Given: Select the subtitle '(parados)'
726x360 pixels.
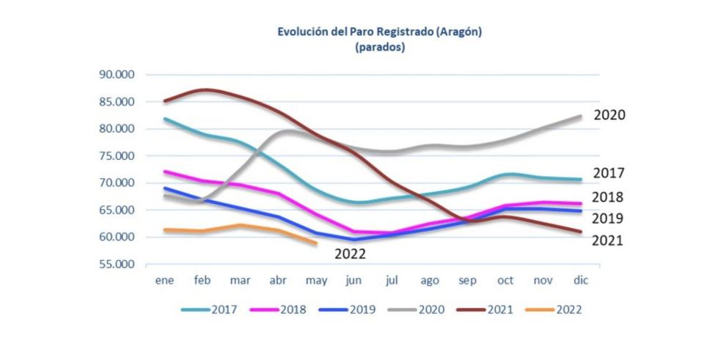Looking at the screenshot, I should coord(379,47).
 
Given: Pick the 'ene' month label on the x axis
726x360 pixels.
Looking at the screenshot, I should coord(164,281).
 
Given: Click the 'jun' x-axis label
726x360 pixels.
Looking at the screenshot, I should coord(355,281).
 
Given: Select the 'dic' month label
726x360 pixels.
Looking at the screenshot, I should coord(581,281).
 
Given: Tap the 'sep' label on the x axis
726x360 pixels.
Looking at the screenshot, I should coord(468,281).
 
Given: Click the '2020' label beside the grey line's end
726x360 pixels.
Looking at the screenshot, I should coord(609,115).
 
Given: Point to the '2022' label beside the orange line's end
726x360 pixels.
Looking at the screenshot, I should coord(350,254).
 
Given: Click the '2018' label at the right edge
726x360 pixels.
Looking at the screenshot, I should coord(608,197).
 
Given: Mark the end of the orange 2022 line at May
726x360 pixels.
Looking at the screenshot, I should coord(316,243).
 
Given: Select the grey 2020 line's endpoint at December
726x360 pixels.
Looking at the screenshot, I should coord(581,116).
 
